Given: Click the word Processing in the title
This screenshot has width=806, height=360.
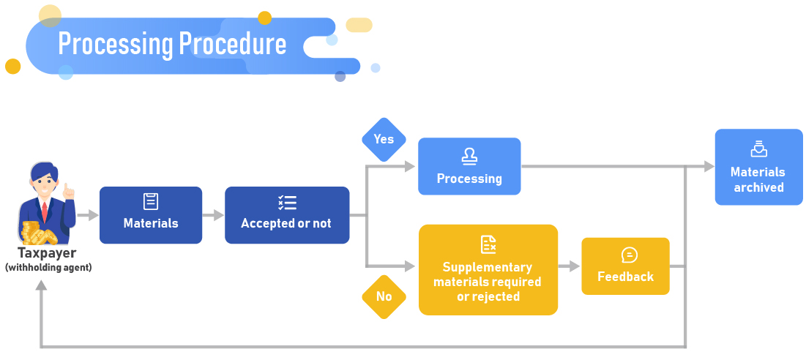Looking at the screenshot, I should [x=115, y=45].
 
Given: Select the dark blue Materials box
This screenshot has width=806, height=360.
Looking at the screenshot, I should [x=151, y=215].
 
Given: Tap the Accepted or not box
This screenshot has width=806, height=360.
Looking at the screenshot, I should [x=286, y=215].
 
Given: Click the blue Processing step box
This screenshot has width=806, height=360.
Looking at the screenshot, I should [x=469, y=167].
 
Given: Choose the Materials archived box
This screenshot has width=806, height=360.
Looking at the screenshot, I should [x=758, y=168].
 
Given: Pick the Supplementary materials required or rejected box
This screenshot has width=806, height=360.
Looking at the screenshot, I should [x=488, y=270].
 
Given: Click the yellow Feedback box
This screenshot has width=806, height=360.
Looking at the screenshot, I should [x=625, y=266].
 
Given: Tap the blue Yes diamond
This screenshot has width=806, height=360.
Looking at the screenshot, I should [x=384, y=140].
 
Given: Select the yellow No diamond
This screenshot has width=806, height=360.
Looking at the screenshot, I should [x=384, y=296].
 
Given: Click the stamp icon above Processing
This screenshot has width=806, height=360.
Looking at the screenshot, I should [x=469, y=156].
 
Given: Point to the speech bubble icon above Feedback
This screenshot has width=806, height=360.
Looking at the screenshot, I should [x=629, y=255].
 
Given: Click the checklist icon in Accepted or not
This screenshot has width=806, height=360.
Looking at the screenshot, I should [x=287, y=203].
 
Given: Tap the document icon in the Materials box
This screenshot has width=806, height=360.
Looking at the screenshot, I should [x=151, y=202].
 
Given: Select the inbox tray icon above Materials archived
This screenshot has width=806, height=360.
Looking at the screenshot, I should [x=758, y=149].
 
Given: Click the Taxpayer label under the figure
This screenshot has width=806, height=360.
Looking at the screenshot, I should [x=48, y=254].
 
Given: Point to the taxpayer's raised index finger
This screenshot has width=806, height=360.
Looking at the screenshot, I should [x=66, y=187].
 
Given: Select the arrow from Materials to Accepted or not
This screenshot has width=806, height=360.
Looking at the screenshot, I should [x=213, y=215].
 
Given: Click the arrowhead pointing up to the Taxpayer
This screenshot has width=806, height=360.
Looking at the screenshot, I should [x=41, y=285].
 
